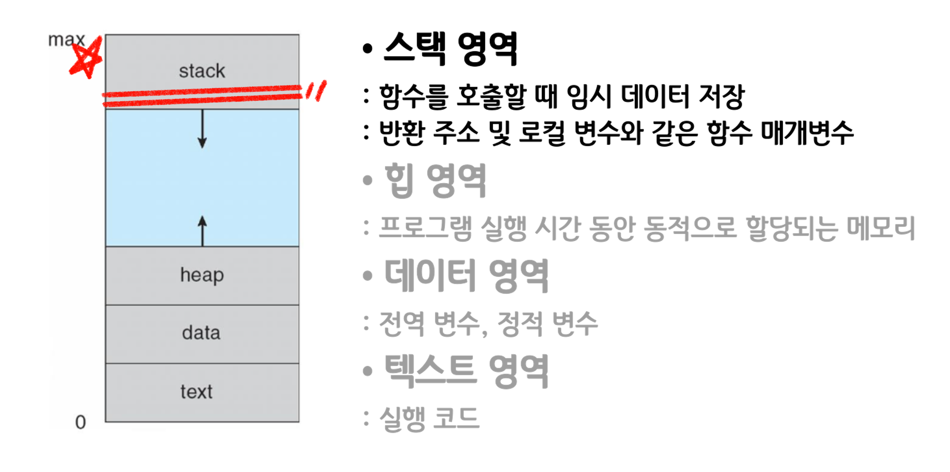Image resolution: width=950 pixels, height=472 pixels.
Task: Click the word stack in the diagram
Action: point(202,71)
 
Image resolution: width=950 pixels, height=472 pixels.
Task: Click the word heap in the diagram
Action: point(202,275)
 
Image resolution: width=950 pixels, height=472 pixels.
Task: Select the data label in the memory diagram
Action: point(201,333)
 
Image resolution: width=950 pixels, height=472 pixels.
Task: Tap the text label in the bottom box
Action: point(196,392)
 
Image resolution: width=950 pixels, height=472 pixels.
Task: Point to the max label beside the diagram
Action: point(66,40)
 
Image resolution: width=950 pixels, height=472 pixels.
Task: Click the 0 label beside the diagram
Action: point(80,422)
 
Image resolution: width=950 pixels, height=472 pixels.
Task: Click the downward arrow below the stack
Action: point(202,129)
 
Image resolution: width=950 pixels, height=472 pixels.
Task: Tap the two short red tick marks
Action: point(316,91)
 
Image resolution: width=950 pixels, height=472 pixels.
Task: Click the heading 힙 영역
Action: point(435,180)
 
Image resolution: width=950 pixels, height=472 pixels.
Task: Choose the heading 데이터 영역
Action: point(466,275)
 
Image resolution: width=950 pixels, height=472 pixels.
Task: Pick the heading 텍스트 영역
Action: point(466,370)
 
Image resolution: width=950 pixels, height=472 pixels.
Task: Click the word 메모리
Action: point(881,228)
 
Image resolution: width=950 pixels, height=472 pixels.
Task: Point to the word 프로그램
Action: point(426,228)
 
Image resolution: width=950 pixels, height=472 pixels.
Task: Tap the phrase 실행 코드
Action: point(429,418)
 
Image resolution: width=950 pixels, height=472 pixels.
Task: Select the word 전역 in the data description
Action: point(402,323)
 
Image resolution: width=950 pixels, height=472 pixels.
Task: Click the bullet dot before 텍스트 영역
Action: point(367,370)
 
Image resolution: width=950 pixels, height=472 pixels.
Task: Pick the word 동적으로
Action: point(690,228)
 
